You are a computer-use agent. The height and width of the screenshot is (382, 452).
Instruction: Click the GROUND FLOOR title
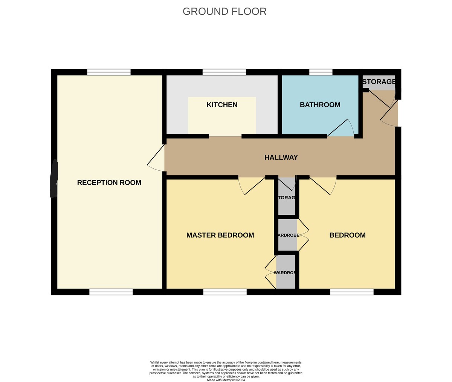224,11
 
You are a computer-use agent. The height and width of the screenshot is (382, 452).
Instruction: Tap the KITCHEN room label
222,105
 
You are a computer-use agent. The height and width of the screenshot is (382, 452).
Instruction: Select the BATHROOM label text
320,105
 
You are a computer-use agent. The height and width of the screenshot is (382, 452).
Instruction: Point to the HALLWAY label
281,157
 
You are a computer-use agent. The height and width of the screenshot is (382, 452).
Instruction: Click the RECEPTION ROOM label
109,183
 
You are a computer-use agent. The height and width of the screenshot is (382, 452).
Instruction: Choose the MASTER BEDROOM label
220,235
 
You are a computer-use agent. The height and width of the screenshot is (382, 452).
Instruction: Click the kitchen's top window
224,72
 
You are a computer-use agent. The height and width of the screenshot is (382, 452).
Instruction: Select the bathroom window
321,72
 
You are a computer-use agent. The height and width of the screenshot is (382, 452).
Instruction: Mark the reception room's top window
108,72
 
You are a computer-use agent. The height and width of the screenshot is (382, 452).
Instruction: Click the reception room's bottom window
111,292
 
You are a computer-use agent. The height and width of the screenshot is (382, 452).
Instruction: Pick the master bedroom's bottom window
225,292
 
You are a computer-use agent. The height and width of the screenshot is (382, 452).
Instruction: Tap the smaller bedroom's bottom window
351,292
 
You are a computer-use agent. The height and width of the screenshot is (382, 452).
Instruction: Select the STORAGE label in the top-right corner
379,82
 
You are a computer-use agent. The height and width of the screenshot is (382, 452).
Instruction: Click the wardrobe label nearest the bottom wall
285,273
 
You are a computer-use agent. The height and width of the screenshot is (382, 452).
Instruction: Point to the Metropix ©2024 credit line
226,380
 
